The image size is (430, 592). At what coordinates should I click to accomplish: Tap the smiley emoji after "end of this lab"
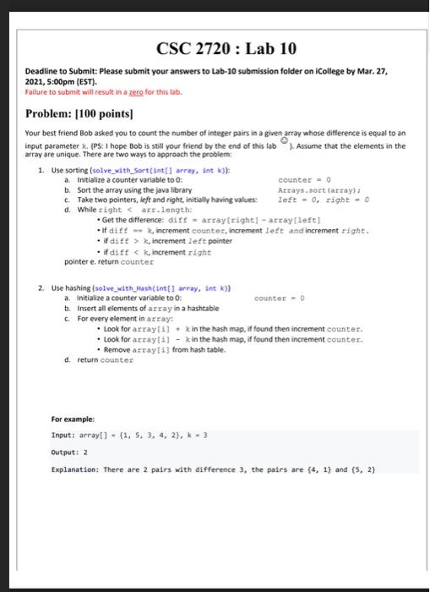pyautogui.click(x=285, y=143)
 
